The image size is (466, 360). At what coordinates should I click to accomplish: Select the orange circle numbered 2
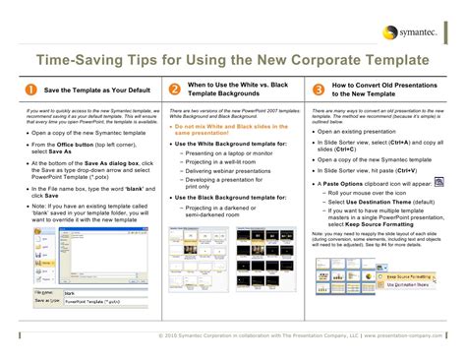(x=174, y=90)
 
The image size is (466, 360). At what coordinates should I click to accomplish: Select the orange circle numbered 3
(x=318, y=90)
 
